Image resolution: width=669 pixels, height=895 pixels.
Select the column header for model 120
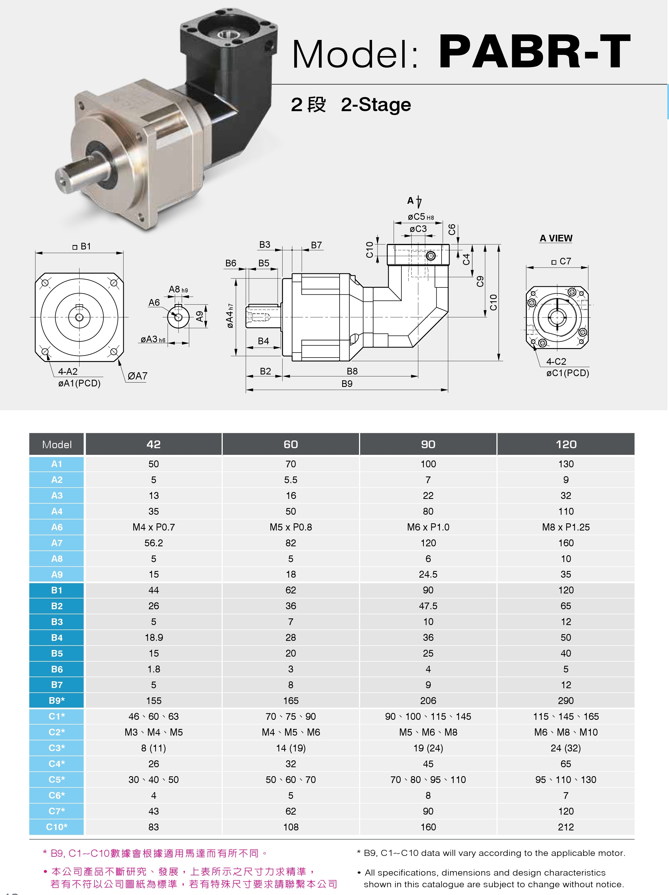pos(566,444)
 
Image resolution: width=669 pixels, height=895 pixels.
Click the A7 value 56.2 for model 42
pos(154,543)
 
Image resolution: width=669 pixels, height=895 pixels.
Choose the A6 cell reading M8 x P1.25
pos(566,527)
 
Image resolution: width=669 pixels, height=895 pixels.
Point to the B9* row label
pos(57,700)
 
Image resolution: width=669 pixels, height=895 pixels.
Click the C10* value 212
pos(566,827)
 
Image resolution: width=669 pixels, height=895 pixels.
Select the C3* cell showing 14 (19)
pos(291,748)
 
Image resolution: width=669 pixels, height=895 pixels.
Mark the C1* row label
pos(57,716)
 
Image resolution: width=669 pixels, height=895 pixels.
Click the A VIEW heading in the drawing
pos(556,238)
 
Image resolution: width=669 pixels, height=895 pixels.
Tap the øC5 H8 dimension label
pos(421,217)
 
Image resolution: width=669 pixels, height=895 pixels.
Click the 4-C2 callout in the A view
pos(556,361)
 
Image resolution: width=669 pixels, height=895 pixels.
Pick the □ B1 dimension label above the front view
pos(82,246)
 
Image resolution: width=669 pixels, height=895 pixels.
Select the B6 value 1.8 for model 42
pos(154,669)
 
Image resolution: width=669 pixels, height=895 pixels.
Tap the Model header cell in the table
pos(57,444)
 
